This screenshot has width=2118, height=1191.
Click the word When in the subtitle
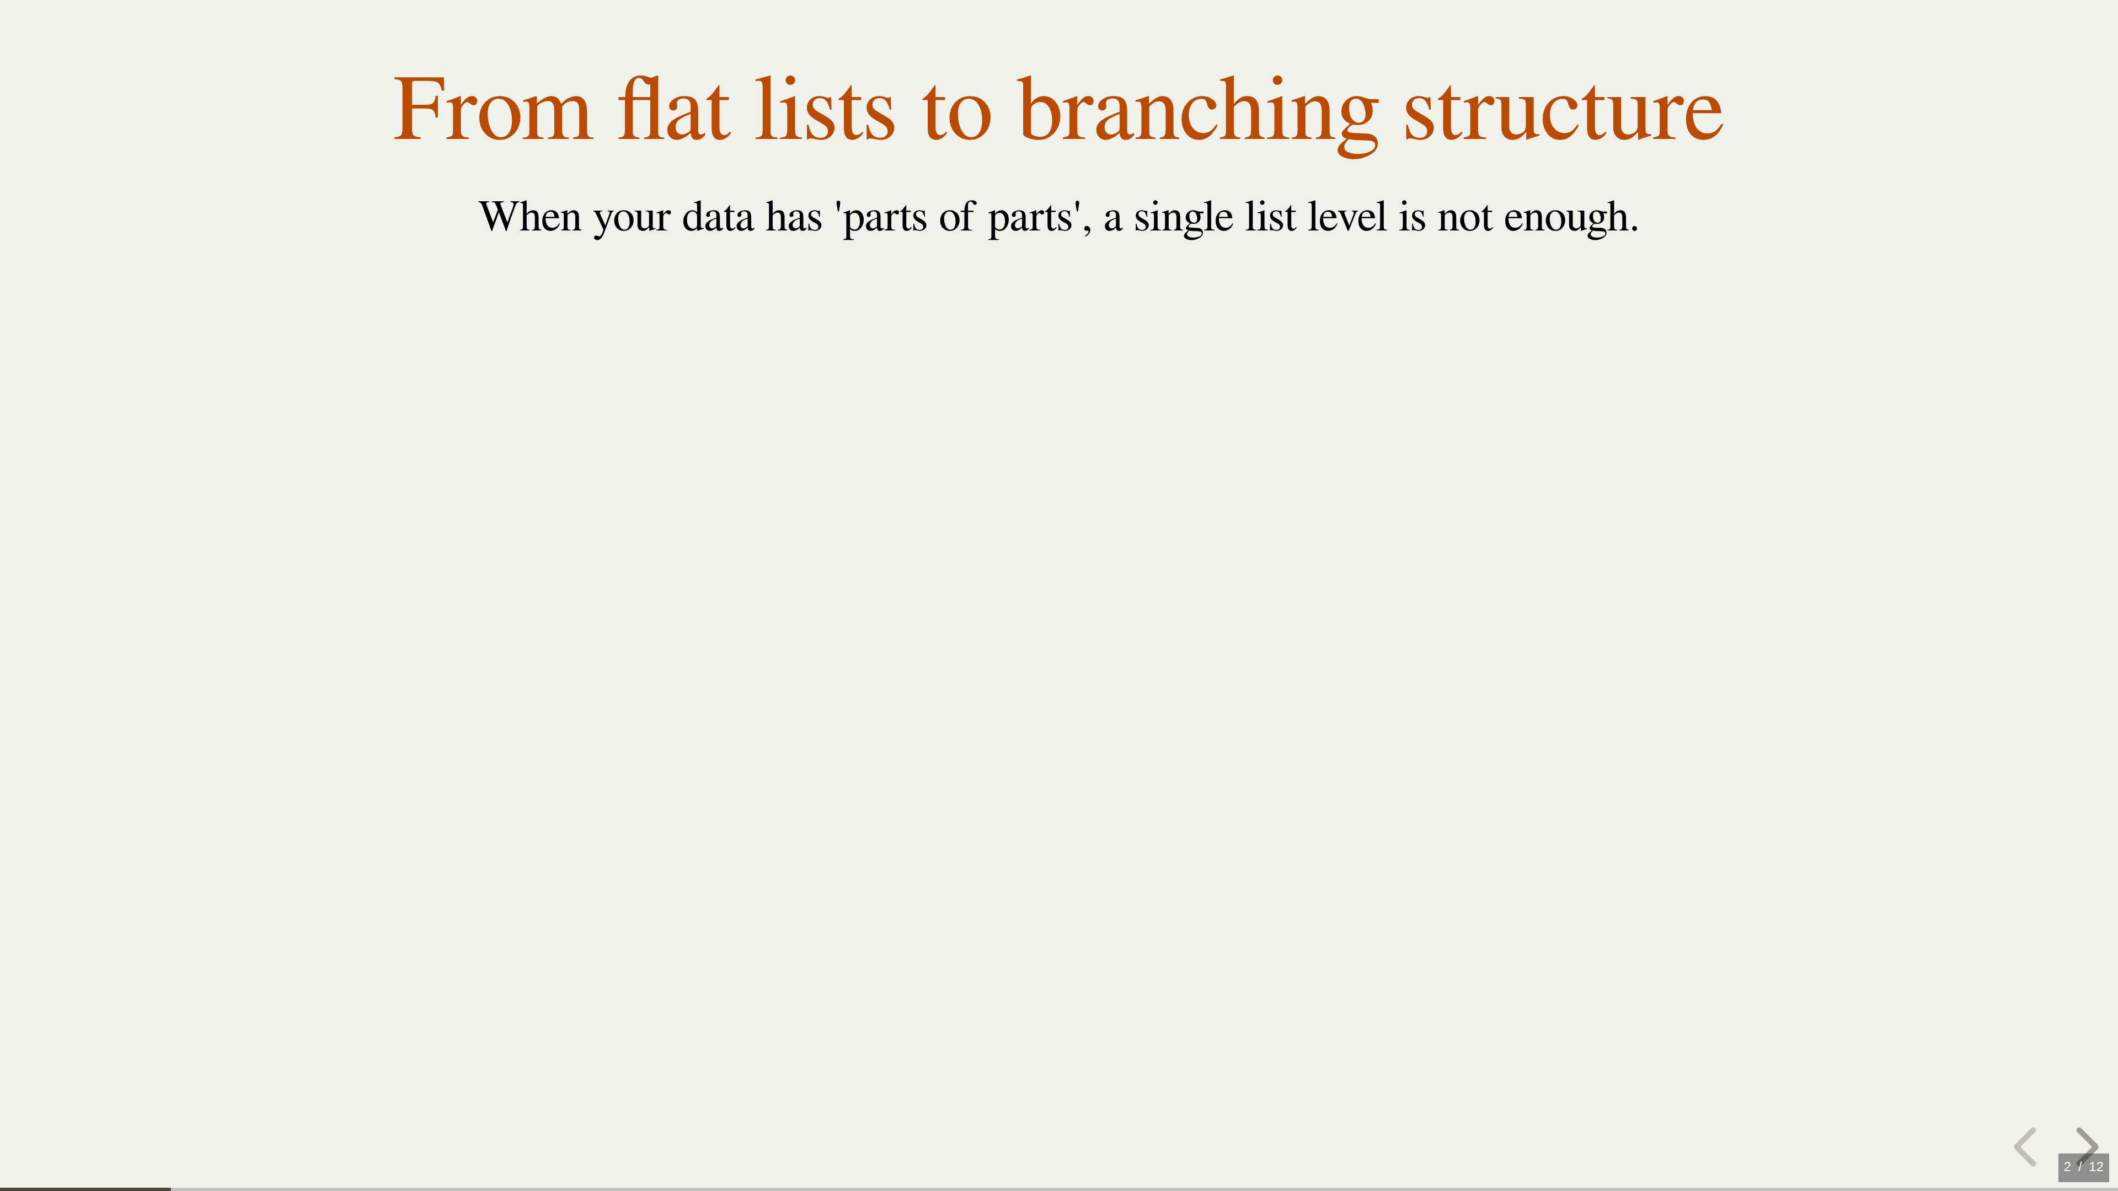point(530,217)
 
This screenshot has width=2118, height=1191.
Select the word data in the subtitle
point(718,217)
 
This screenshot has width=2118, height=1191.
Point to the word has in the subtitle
point(794,217)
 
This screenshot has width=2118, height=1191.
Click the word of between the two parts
point(957,217)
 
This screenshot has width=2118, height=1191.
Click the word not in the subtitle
point(1464,219)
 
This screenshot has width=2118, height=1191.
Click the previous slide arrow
point(2025,1147)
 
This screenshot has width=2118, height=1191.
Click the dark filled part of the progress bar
point(85,1189)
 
